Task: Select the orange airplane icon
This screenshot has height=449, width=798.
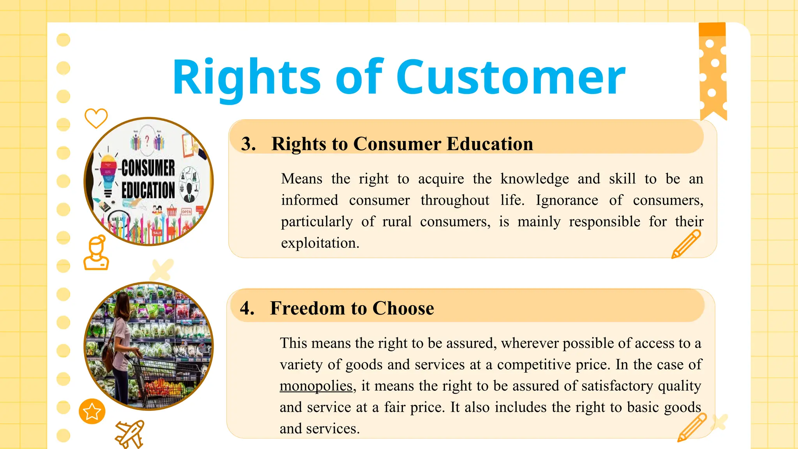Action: coord(130,434)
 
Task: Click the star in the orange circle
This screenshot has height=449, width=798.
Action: coord(92,411)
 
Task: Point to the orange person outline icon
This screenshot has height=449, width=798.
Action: coord(96,253)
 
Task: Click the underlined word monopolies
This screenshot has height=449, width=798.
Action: coord(316,386)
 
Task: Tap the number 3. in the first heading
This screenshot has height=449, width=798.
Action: coord(248,144)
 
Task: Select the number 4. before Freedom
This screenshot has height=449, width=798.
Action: coord(247,308)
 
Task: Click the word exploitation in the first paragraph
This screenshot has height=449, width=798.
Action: coord(320,243)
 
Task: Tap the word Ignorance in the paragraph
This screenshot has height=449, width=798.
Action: coord(567,200)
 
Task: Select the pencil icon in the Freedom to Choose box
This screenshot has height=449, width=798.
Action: coord(692,428)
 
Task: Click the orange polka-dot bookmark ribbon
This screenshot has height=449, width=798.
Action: coord(713,70)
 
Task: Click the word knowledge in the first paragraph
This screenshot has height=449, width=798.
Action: coord(535,179)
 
